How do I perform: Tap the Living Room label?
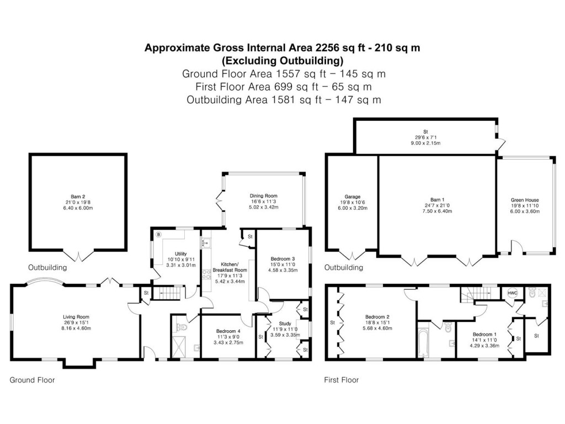pyautogui.click(x=76, y=317)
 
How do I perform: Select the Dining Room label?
pyautogui.click(x=264, y=196)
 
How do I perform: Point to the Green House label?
pyautogui.click(x=525, y=200)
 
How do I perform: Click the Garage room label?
pyautogui.click(x=353, y=197)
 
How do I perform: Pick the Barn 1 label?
pyautogui.click(x=437, y=199)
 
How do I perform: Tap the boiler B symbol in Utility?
pyautogui.click(x=158, y=234)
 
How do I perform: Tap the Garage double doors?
pyautogui.click(x=352, y=256)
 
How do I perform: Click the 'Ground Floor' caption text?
pyautogui.click(x=32, y=380)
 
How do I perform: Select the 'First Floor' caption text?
pyautogui.click(x=341, y=380)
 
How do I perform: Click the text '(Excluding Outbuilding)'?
pyautogui.click(x=282, y=60)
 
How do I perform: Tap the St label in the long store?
pyautogui.click(x=425, y=131)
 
